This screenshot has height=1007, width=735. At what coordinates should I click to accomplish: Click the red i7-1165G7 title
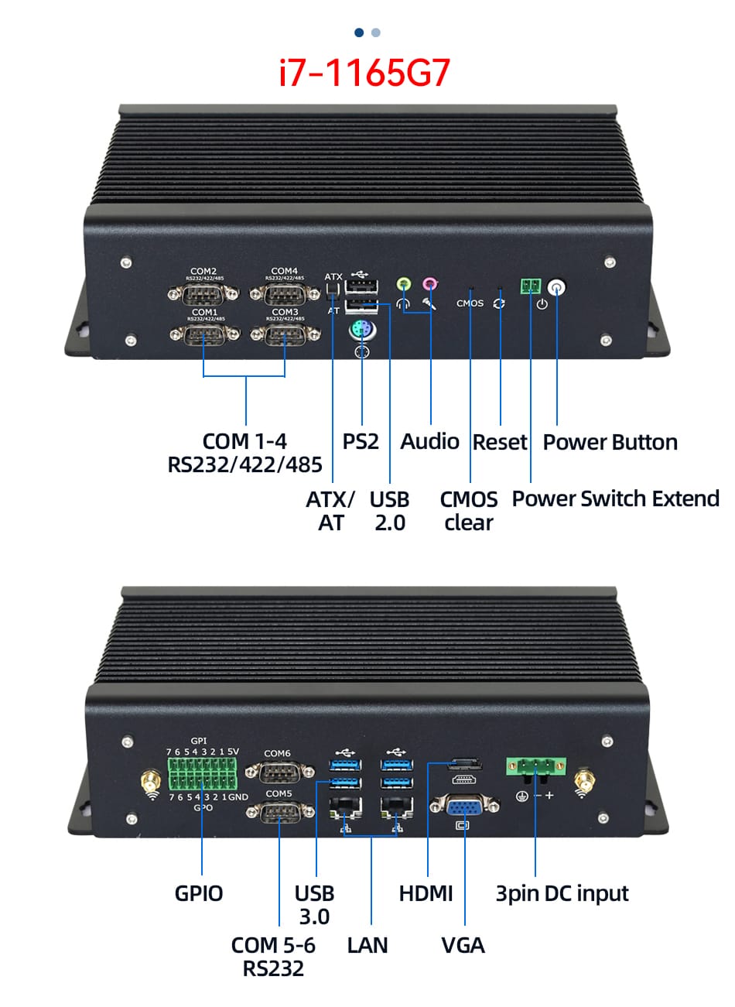(x=364, y=73)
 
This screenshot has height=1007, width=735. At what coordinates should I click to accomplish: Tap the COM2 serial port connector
(x=203, y=293)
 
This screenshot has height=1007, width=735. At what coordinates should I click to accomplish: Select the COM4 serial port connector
(x=285, y=293)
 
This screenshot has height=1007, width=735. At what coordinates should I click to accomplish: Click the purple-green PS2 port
(x=362, y=331)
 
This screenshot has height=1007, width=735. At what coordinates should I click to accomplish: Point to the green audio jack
(x=404, y=285)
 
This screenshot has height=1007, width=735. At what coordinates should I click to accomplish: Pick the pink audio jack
(x=429, y=285)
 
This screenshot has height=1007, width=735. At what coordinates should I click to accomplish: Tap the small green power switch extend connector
(x=531, y=286)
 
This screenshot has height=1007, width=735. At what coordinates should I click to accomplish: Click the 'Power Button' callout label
(x=610, y=442)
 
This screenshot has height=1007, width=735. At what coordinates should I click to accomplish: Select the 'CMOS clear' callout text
(x=468, y=511)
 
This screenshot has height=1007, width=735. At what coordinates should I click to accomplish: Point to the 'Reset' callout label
(x=500, y=442)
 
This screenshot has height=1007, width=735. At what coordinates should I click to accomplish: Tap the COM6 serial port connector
(x=279, y=771)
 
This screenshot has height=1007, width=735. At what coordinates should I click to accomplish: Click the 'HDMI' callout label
(x=426, y=893)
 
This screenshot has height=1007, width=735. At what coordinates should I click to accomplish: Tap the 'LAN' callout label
(x=367, y=945)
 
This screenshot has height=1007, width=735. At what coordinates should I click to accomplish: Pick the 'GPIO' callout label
(x=199, y=893)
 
